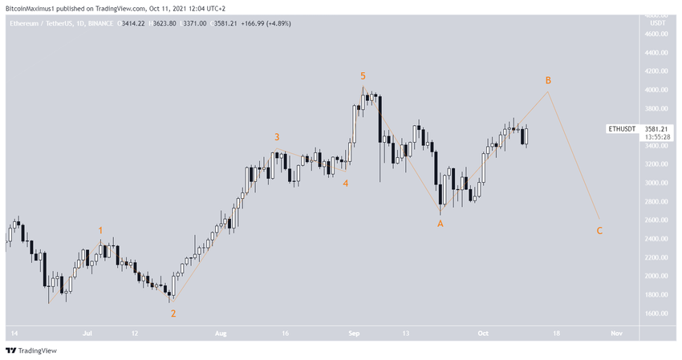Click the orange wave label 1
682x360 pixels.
pos(100,231)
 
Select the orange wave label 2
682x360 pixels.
pos(173,313)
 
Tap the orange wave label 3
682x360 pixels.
pos(277,137)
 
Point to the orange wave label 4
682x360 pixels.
pos(346,183)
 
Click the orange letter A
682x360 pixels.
pos(440,224)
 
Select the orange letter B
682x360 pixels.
pos(548,80)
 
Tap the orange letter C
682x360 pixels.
pos(599,231)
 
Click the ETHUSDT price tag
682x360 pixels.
pos(621,128)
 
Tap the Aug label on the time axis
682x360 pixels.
pos(222,332)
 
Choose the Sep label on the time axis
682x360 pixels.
pos(353,332)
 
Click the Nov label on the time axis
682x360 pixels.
pos(615,332)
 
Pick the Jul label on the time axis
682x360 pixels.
pos(87,332)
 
